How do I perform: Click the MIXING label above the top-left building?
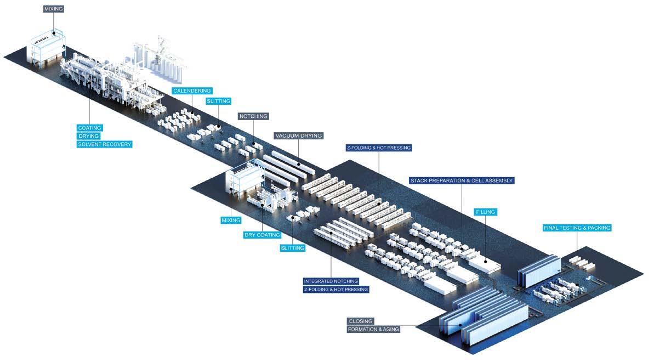tap(54, 9)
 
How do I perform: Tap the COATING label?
tap(90, 128)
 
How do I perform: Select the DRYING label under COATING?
tap(89, 136)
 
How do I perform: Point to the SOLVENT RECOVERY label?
tap(105, 144)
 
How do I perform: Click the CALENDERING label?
tap(191, 90)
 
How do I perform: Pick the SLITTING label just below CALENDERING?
tap(218, 101)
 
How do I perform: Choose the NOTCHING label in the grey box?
tap(253, 116)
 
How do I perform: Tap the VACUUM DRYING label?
tap(299, 135)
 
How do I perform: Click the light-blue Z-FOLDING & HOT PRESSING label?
tap(378, 148)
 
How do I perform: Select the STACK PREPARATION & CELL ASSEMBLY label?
tap(462, 180)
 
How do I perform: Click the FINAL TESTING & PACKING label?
tap(577, 228)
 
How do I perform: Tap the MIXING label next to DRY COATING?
tap(231, 220)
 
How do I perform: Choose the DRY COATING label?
tap(262, 235)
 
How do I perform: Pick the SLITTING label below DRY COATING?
tap(292, 248)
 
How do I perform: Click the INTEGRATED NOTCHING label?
tap(331, 281)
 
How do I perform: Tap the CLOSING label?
tap(361, 321)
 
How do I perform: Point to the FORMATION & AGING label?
tap(373, 329)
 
